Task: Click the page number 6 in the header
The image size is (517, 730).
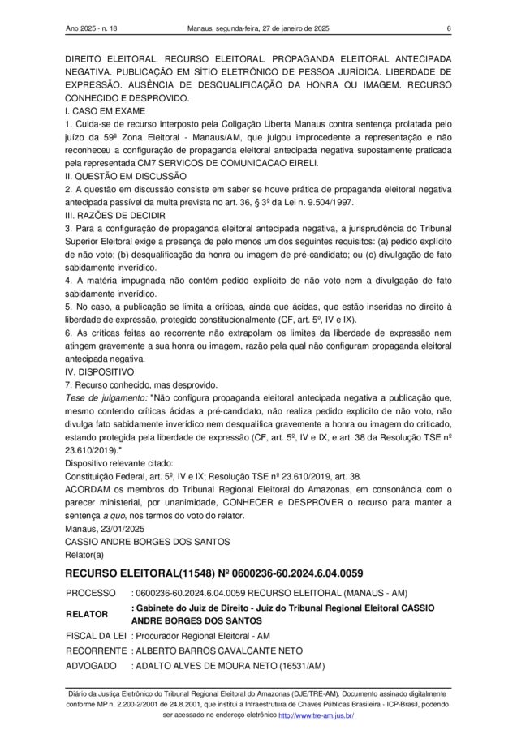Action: tap(448, 30)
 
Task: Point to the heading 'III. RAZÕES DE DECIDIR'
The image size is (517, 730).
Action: tap(115, 215)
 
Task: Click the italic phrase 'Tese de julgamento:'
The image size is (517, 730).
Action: tap(106, 398)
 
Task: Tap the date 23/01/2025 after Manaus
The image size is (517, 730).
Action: tap(119, 529)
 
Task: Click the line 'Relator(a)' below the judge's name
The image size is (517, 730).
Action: tap(85, 555)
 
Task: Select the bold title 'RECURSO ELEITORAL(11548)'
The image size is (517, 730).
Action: tap(145, 574)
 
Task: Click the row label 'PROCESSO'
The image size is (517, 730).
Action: tap(91, 593)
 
